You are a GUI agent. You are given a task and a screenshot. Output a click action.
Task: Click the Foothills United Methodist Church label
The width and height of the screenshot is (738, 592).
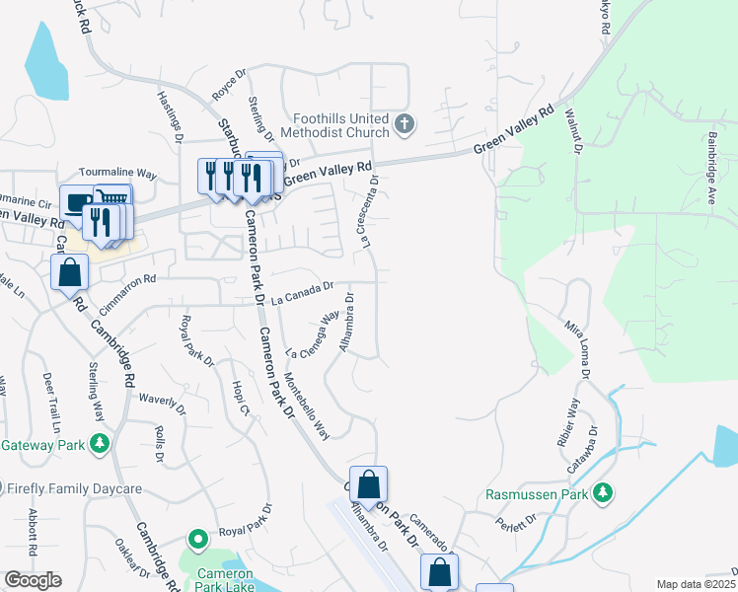click(x=335, y=124)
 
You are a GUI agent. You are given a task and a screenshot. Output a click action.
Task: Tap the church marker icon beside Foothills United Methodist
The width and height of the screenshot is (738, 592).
click(x=404, y=124)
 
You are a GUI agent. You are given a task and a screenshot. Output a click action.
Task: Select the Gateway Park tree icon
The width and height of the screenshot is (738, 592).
click(x=99, y=445)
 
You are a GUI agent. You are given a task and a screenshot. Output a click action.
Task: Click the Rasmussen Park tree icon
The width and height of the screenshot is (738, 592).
click(x=603, y=491)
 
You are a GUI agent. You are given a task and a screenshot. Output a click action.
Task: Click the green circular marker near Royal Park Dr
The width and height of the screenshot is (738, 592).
click(x=198, y=540)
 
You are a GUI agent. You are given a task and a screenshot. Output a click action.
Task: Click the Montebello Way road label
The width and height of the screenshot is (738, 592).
click(x=307, y=406)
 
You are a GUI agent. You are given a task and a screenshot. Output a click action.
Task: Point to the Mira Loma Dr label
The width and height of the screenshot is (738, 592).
click(x=577, y=348)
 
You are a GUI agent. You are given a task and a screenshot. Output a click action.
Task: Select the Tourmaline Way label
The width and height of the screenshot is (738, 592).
click(x=118, y=173)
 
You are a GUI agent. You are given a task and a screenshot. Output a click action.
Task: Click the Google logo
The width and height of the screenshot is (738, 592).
click(x=33, y=580)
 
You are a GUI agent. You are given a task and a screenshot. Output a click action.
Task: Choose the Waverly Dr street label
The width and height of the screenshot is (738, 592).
click(x=163, y=403)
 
